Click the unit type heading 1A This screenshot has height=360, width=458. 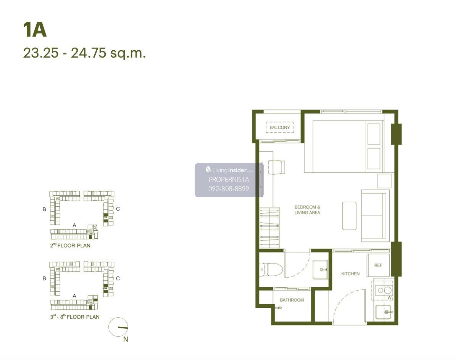click(35, 30)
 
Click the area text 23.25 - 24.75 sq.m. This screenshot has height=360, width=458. click(84, 53)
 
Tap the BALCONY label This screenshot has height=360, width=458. click(280, 127)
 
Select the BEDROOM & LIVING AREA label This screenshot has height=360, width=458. click(307, 210)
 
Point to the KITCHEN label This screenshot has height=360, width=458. click(350, 274)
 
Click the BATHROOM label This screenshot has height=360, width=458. click(292, 300)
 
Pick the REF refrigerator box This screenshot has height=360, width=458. click(378, 265)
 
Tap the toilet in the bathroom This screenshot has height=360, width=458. click(271, 269)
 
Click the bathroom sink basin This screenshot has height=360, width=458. click(320, 269)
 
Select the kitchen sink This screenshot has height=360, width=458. click(384, 312)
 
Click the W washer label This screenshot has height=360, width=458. click(389, 298)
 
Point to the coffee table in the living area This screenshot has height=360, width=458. click(349, 215)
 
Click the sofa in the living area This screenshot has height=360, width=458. click(376, 215)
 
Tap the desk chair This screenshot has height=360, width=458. click(276, 167)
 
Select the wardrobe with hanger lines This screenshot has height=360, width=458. click(270, 228)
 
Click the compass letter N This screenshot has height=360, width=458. click(126, 339)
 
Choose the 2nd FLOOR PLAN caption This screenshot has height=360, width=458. click(70, 245)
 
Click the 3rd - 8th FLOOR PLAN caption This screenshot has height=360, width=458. click(75, 317)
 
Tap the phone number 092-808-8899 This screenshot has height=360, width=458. click(229, 189)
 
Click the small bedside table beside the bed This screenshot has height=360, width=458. click(384, 181)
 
